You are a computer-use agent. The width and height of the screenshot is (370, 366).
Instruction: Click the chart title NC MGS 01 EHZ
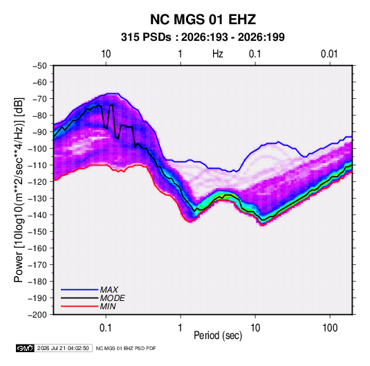pyautogui.click(x=203, y=19)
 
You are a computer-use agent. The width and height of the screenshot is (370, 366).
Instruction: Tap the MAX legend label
pyautogui.click(x=109, y=290)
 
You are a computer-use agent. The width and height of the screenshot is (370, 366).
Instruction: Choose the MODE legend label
pyautogui.click(x=112, y=298)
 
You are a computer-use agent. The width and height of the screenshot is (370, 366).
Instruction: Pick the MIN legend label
pyautogui.click(x=108, y=306)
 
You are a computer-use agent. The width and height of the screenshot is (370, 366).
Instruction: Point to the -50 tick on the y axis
pyautogui.click(x=39, y=66)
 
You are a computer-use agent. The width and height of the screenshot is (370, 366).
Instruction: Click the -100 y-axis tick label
pyautogui.click(x=37, y=149)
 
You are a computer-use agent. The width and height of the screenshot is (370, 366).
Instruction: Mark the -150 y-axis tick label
pyautogui.click(x=37, y=232)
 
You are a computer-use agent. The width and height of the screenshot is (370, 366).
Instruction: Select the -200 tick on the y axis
pyautogui.click(x=37, y=315)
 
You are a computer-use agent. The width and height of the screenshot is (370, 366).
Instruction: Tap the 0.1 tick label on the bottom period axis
pyautogui.click(x=106, y=328)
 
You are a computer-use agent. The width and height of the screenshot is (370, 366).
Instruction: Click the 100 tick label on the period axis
pyautogui.click(x=330, y=328)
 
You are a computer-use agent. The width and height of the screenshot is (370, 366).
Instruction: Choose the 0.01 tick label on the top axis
pyautogui.click(x=329, y=54)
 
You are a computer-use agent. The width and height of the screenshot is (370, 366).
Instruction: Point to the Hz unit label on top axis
pyautogui.click(x=218, y=54)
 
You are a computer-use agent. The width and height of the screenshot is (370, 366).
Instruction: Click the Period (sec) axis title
pyautogui.click(x=218, y=336)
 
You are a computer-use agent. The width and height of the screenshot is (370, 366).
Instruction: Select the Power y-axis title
pyautogui.click(x=19, y=190)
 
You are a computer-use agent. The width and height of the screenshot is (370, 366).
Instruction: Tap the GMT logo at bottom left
pyautogui.click(x=26, y=348)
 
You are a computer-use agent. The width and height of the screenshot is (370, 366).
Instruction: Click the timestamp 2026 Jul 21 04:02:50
pyautogui.click(x=63, y=348)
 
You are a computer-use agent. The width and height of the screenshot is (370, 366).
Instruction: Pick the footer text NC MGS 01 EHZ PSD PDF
pyautogui.click(x=126, y=348)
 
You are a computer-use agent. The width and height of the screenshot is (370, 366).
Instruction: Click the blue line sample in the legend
pyautogui.click(x=80, y=290)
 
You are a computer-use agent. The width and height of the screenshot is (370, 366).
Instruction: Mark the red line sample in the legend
pyautogui.click(x=80, y=306)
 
